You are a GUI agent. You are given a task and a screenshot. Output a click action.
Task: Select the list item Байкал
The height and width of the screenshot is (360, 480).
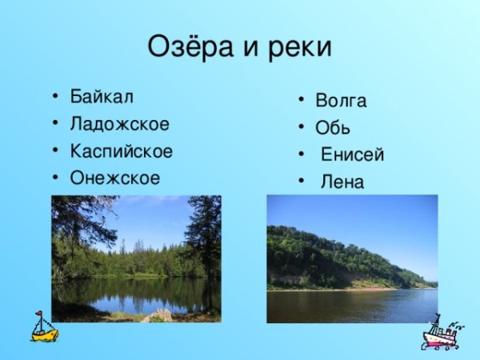102,97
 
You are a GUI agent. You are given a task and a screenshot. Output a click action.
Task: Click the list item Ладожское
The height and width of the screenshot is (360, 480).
119,124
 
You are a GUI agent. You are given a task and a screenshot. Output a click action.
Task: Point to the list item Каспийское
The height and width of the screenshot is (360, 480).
121,150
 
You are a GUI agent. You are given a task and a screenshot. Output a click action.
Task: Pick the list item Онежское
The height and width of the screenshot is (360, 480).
114,177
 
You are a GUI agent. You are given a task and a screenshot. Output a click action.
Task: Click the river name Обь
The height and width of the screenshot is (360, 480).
333,128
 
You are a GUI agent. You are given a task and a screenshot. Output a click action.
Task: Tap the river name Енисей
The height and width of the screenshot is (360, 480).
352,154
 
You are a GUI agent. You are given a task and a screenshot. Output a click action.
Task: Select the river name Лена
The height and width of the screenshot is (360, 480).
342,182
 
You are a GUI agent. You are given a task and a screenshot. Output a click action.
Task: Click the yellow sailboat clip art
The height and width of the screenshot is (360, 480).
44,327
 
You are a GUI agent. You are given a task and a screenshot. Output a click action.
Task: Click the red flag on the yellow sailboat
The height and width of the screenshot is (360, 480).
38,315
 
